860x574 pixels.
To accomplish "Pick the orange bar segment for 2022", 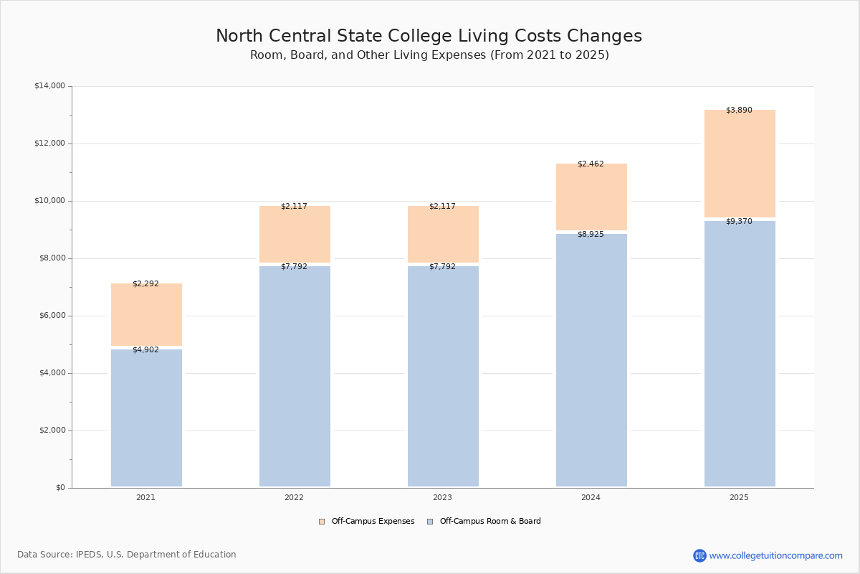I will (x=295, y=234).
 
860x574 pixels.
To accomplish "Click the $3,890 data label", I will (x=739, y=110).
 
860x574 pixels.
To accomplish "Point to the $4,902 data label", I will (x=145, y=350).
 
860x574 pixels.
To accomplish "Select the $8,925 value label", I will (x=591, y=235).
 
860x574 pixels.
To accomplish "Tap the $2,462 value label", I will (x=591, y=164).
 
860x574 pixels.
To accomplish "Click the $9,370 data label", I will (x=739, y=222).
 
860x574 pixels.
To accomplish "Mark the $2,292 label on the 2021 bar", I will (x=145, y=284).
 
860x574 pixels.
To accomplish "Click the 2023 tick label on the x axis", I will (x=442, y=498).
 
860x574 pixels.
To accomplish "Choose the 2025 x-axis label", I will (x=739, y=498).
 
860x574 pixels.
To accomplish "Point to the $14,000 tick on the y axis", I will (x=49, y=86).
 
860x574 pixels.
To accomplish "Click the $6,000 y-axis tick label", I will (x=51, y=316).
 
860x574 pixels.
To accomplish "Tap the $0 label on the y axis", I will (x=59, y=488).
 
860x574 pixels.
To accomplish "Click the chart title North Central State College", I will (x=429, y=37).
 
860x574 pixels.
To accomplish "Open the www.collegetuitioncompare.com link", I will (x=775, y=555).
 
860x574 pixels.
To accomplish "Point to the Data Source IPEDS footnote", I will (x=127, y=555).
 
